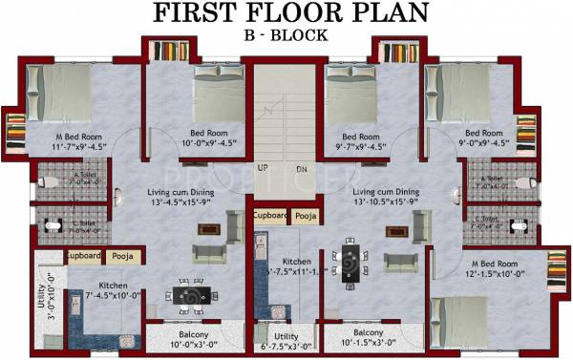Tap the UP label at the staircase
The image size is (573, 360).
point(263,169)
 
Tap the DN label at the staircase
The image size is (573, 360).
point(301,169)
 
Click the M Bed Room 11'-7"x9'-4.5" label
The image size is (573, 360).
point(58,142)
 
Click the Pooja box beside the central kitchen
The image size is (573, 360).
point(305,217)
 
